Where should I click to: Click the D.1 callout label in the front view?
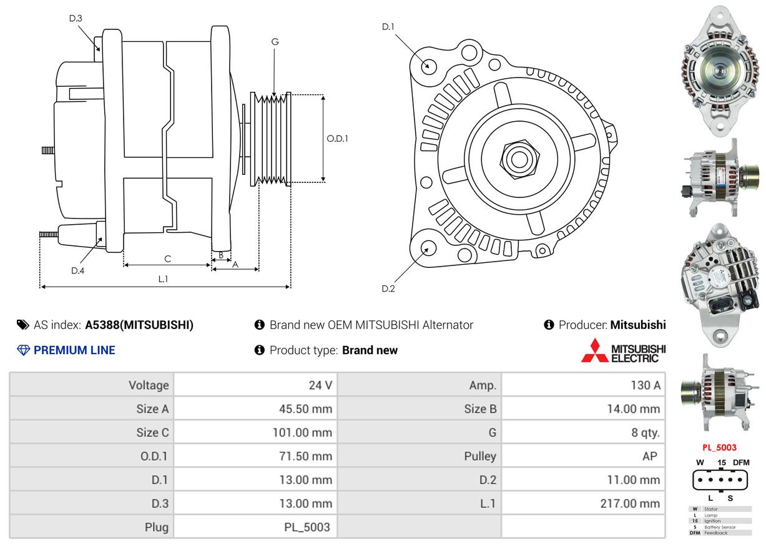[388, 27]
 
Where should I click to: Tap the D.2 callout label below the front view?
[388, 288]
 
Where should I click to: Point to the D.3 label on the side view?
[76, 18]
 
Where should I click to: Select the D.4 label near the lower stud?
[77, 270]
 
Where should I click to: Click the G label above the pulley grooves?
[275, 42]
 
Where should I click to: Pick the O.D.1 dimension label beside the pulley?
[337, 139]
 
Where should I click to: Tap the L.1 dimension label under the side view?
[162, 279]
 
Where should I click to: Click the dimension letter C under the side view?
[167, 259]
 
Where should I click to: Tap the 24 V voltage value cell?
[320, 385]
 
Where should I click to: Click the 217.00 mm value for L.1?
[630, 503]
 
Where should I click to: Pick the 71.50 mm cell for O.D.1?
[305, 456]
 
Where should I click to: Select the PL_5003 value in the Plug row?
[307, 527]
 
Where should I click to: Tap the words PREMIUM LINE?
[74, 350]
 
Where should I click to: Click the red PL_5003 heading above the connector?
[719, 447]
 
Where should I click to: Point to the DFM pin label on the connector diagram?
[741, 462]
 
